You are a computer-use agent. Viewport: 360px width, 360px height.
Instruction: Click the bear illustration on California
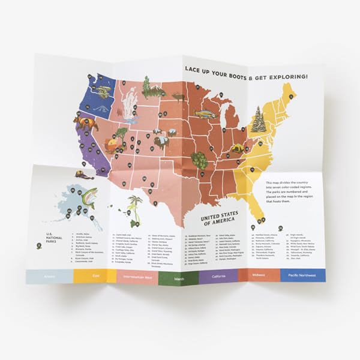pos(85,124)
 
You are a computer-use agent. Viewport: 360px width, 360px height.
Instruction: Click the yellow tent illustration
pos(238,148)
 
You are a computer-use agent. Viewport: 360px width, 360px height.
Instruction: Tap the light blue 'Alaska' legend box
pos(49,275)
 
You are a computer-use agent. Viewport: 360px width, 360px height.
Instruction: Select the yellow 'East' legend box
pos(94,275)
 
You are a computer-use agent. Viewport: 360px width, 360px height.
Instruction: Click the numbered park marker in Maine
pos(291,95)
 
